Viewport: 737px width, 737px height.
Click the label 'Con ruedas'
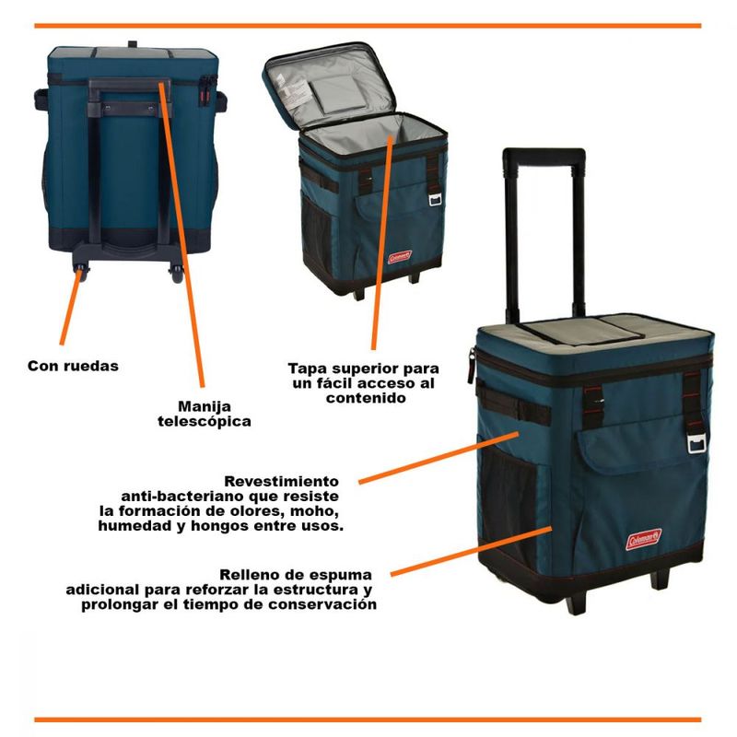(73, 366)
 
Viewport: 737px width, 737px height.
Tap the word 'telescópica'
(204, 421)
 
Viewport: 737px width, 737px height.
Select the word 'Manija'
(205, 406)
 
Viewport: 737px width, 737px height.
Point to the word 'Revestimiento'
(281, 481)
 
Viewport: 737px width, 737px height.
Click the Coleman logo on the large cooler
(643, 539)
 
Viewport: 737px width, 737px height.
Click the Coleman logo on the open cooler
(400, 257)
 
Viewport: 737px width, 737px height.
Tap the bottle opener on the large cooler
(696, 443)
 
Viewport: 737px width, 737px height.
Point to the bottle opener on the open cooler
(435, 200)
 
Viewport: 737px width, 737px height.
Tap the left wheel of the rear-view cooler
(81, 273)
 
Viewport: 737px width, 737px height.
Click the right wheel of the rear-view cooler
(176, 274)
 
